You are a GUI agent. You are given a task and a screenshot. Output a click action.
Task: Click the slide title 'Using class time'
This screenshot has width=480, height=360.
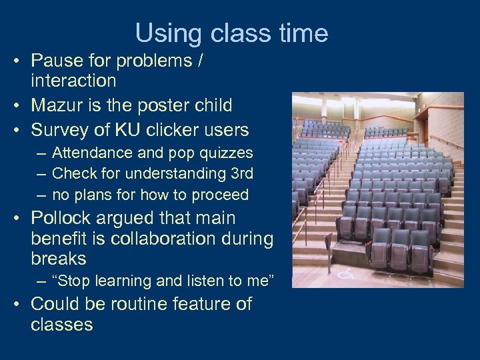pyautogui.click(x=231, y=33)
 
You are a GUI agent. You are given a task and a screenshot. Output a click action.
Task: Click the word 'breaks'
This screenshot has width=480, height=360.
pyautogui.click(x=59, y=259)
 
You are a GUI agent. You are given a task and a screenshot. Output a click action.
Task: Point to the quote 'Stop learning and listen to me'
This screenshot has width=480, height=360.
pyautogui.click(x=162, y=281)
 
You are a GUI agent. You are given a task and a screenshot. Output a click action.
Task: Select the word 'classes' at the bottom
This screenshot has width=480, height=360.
pyautogui.click(x=61, y=325)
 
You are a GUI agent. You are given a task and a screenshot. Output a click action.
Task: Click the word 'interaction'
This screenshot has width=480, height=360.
pyautogui.click(x=73, y=81)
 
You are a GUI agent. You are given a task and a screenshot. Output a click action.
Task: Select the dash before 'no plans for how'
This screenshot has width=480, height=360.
pyautogui.click(x=41, y=195)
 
